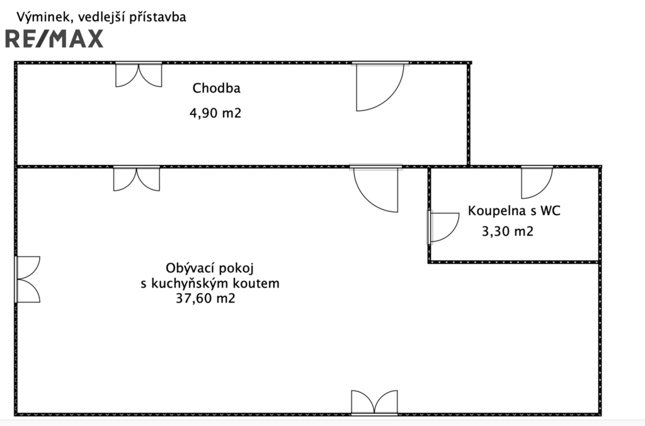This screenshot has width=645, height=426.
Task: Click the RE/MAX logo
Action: (54, 39)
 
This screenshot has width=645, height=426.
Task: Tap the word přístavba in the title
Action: (157, 17)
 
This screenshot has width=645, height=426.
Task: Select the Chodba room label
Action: (216, 88)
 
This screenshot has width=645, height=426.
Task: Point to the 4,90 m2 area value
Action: (215, 114)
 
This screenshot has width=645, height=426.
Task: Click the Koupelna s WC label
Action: (513, 211)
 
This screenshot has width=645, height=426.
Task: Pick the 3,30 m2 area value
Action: (507, 232)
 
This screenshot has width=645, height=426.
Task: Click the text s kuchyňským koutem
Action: (210, 283)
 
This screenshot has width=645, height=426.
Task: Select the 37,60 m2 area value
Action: (207, 299)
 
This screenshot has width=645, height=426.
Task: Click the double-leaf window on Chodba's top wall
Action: (139, 74)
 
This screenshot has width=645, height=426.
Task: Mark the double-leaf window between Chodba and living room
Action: (137, 178)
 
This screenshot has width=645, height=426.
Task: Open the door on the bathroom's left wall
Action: (443, 227)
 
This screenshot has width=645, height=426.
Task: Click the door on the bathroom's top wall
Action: (537, 181)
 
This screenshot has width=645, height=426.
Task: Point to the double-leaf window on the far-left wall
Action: (28, 279)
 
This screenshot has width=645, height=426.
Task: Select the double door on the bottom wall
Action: (374, 402)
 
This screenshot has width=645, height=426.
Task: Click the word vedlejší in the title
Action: (96, 17)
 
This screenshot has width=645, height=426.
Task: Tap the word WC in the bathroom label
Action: (550, 211)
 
